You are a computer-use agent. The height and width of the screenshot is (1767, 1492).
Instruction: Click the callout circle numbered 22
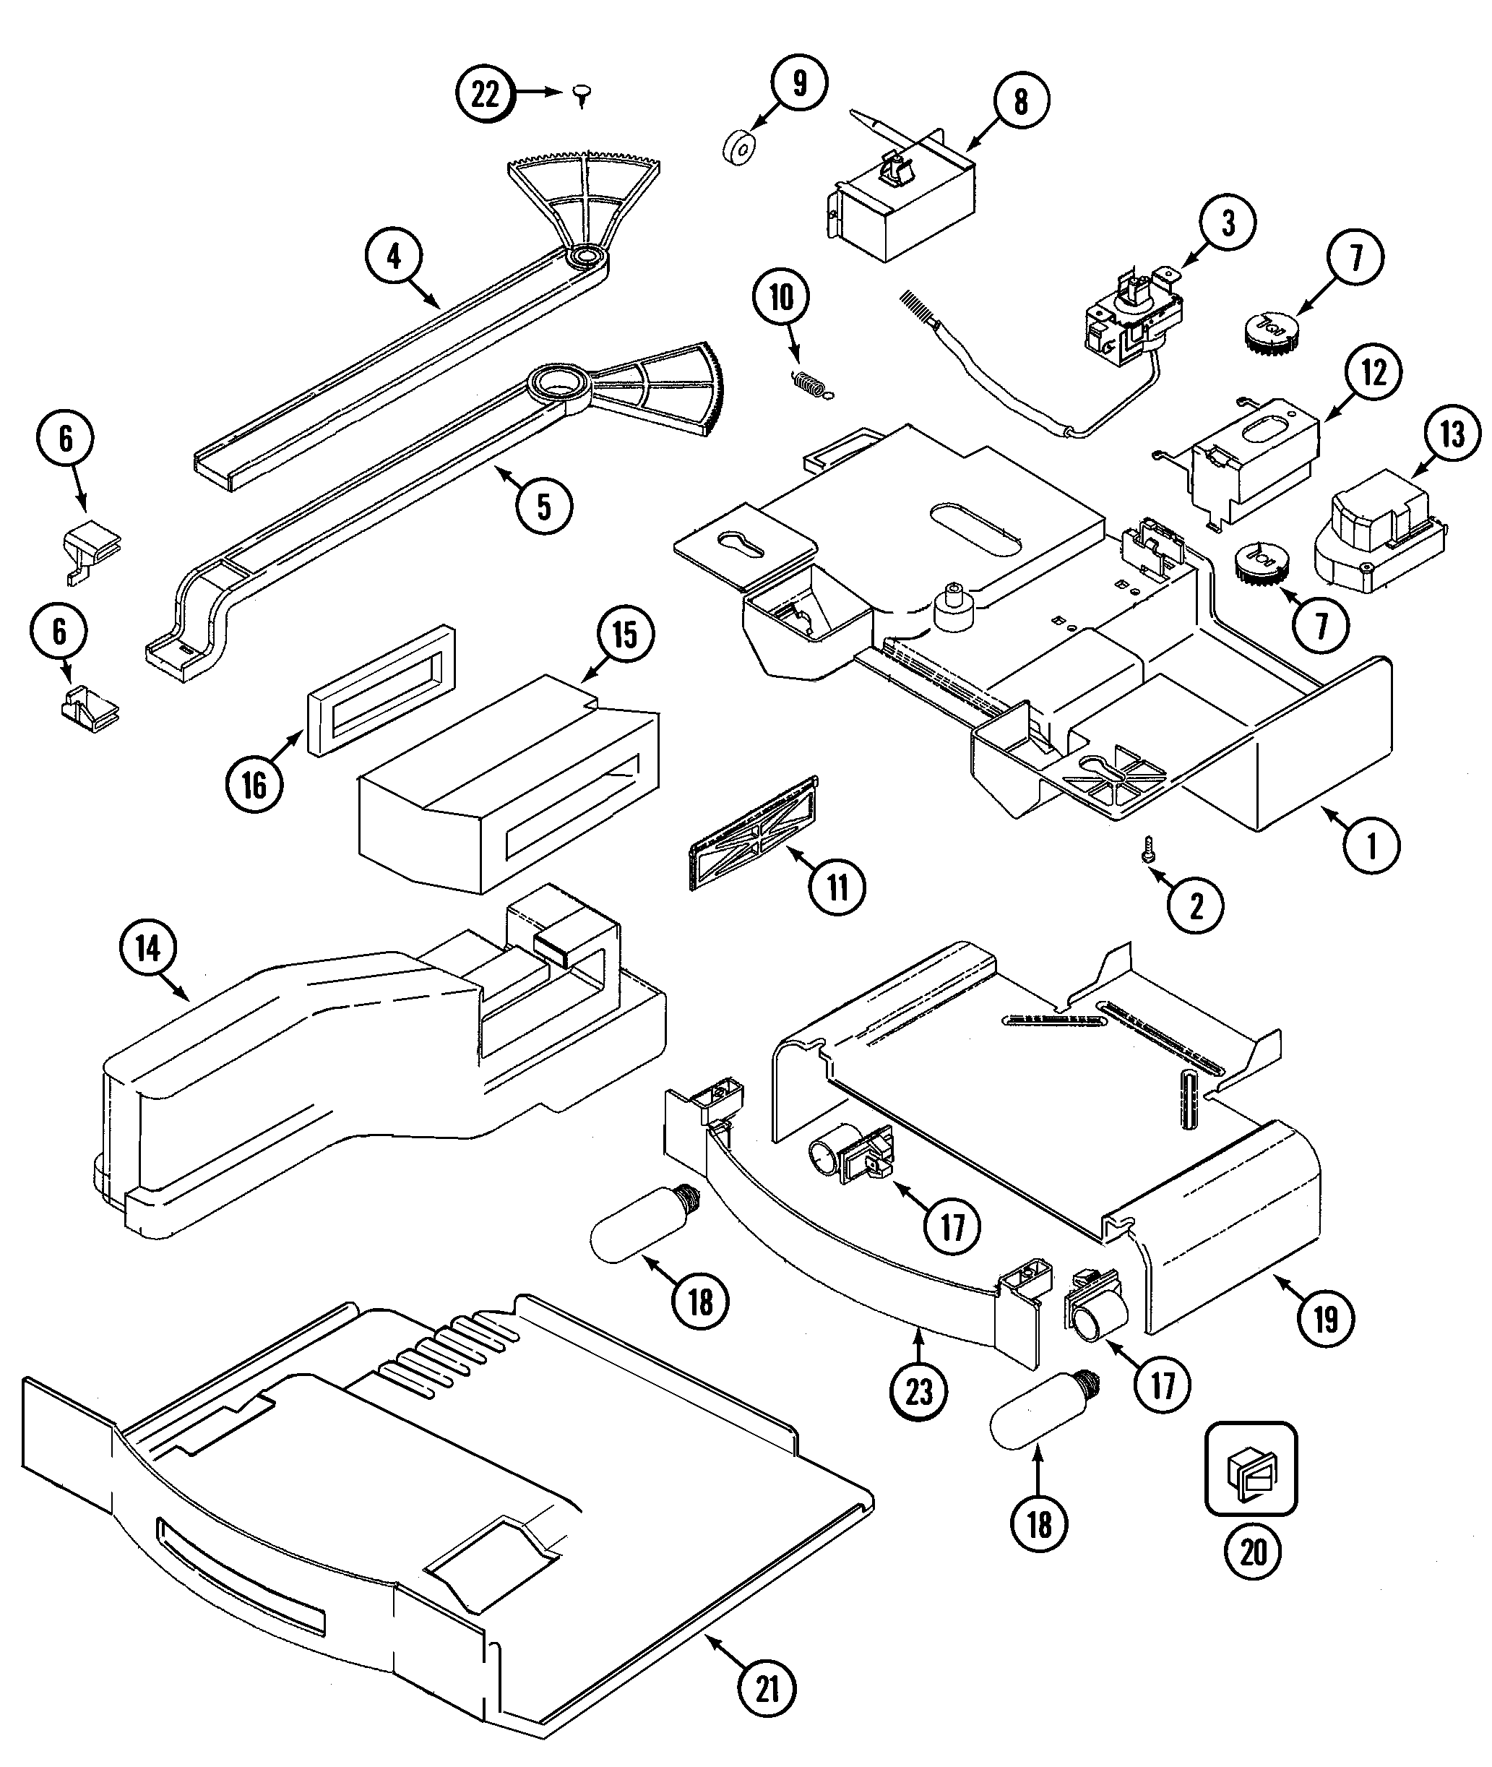486,94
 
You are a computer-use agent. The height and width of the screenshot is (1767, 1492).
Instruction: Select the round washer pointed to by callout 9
740,149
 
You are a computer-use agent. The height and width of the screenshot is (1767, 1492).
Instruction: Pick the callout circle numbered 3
1228,223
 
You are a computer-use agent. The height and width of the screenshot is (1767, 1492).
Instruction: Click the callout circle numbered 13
1452,435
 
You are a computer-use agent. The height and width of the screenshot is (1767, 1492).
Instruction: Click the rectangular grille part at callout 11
754,834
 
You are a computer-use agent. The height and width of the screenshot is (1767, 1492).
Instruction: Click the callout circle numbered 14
148,948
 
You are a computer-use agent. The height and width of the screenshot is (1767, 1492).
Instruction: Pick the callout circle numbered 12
1374,371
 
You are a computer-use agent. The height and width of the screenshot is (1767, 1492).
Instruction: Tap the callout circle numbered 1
1372,844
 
